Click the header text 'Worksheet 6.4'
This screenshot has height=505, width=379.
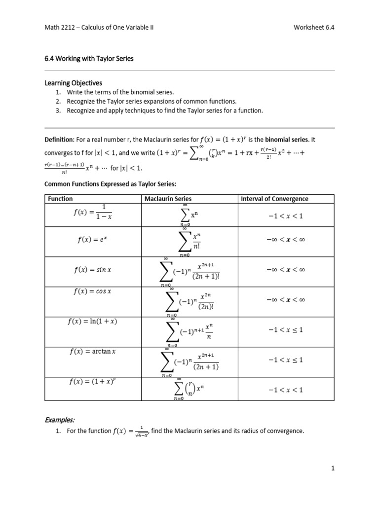(313, 28)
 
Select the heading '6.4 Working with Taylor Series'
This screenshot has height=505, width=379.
(89, 58)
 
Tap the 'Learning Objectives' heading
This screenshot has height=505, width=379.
(74, 83)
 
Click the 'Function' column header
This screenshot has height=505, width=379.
(60, 199)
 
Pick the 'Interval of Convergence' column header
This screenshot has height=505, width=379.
(274, 199)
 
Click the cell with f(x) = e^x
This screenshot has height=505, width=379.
(93, 240)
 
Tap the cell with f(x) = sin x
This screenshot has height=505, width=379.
(93, 270)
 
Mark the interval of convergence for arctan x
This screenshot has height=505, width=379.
(286, 360)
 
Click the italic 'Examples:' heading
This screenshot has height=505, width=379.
(60, 420)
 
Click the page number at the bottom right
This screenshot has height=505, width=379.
(333, 469)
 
